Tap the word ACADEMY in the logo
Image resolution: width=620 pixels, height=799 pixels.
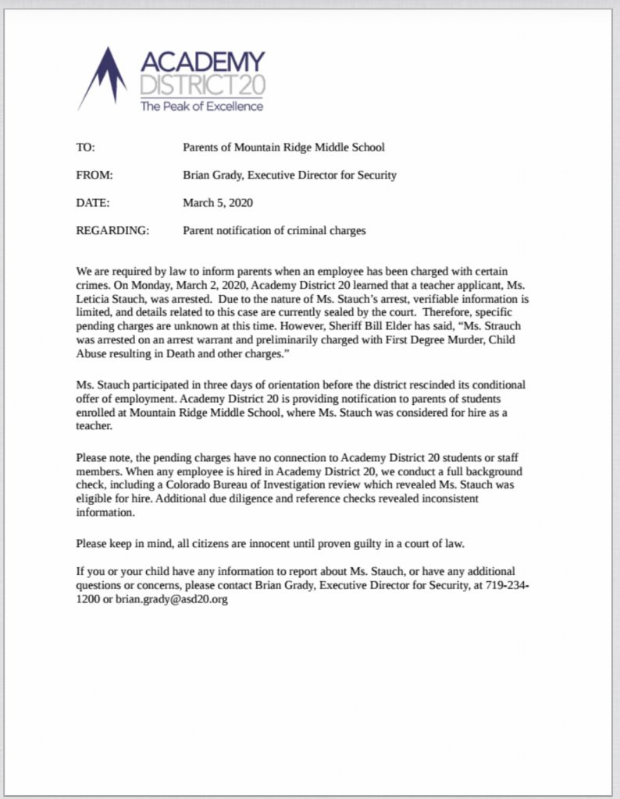click(203, 62)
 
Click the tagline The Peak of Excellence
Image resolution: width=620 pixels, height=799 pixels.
click(201, 106)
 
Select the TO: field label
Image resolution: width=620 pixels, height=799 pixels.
click(85, 147)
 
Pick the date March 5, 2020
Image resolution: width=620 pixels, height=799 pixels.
click(218, 203)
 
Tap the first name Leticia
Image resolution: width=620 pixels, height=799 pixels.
click(98, 298)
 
